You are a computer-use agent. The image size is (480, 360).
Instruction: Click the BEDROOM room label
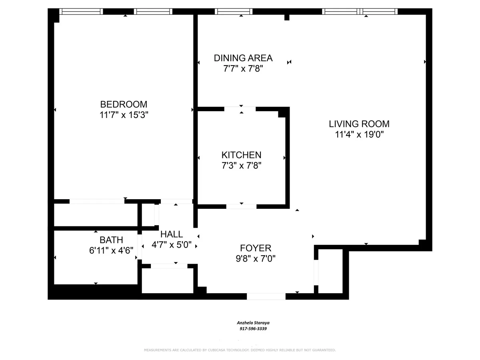point(124,104)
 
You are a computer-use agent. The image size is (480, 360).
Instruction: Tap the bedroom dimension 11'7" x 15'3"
point(124,114)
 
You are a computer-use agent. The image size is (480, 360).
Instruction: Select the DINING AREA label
point(243,58)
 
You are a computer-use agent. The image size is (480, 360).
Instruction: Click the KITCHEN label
point(242,155)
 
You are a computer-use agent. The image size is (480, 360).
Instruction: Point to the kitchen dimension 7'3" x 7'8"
point(242,165)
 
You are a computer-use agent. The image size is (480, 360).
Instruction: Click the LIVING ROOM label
point(359,124)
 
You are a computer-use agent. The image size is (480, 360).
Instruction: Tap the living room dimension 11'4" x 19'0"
point(359,134)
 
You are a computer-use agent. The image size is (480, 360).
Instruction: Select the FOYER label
point(256,248)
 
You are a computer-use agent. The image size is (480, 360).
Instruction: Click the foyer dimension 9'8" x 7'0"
point(256,258)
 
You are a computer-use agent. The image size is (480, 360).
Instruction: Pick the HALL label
point(172,234)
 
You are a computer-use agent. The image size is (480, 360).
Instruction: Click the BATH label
point(111,240)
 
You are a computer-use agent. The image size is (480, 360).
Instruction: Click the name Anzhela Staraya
point(250,323)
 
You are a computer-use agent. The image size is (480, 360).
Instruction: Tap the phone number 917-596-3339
point(250,329)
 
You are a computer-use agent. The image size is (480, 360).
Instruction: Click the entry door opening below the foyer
point(266,296)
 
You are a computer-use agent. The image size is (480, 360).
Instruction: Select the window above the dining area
point(234,12)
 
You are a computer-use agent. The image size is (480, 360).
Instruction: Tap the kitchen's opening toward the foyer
point(241,206)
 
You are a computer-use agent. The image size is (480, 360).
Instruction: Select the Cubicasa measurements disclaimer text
point(240,350)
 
